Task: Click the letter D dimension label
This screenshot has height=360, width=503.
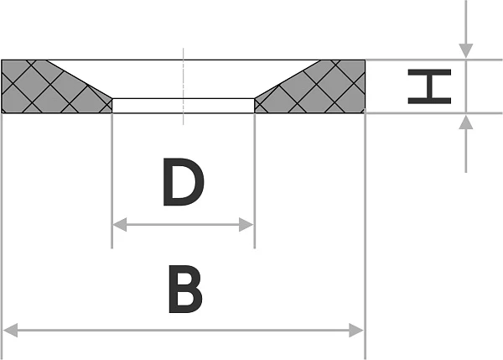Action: pos(183,182)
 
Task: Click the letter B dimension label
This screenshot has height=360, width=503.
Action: pos(185,289)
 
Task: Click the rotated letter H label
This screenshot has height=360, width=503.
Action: pos(429,86)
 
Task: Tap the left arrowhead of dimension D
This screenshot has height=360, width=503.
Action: pos(120,225)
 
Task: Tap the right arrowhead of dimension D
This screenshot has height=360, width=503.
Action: pos(246,225)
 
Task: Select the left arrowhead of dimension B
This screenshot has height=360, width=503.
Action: pos(10,331)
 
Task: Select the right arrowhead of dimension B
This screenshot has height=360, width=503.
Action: pos(356,331)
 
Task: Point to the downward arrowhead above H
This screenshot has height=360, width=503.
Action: pos(466,51)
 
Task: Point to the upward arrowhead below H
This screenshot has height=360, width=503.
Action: pos(466,122)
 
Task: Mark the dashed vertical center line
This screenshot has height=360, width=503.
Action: pos(183,86)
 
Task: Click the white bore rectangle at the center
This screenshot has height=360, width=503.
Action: pos(183,106)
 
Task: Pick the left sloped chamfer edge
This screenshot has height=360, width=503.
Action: pos(80,80)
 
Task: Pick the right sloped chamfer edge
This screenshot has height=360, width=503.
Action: pos(287,80)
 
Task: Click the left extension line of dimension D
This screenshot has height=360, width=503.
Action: pos(111,180)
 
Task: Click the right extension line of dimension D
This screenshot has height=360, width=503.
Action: pos(255,180)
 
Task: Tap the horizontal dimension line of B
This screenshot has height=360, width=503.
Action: pos(183,331)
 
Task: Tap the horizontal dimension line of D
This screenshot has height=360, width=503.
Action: pos(183,225)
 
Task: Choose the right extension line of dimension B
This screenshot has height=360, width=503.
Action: pos(365,236)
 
